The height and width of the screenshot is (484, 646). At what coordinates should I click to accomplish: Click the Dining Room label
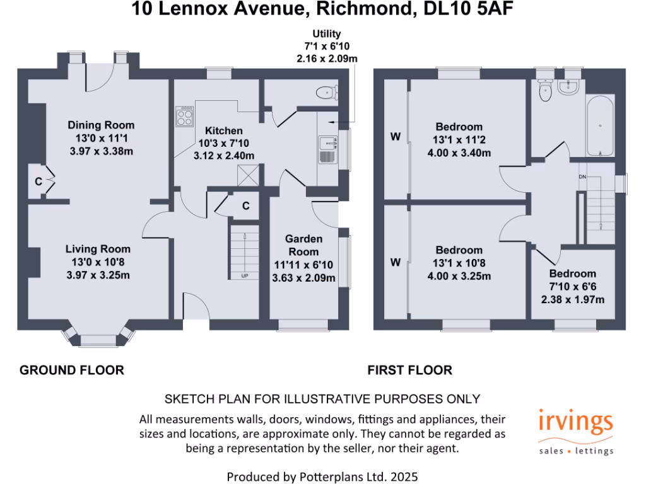click(101, 125)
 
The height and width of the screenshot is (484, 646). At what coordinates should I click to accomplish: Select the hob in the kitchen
click(184, 116)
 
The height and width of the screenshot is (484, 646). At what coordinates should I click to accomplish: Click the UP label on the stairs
click(244, 275)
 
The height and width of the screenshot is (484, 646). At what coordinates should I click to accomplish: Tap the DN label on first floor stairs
click(582, 176)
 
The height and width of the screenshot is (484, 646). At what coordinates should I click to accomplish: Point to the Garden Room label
click(303, 245)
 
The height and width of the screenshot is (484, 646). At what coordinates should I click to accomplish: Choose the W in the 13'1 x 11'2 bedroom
click(396, 137)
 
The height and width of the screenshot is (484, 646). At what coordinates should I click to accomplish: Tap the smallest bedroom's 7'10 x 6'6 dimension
click(572, 287)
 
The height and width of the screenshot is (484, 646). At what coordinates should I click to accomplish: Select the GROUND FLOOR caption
click(72, 370)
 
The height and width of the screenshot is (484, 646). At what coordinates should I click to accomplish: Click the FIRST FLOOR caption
click(410, 370)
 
